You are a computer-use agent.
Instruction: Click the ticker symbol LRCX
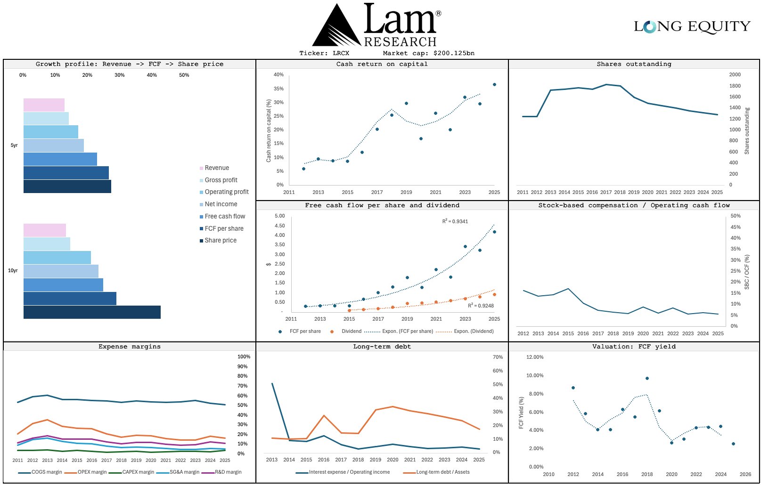[341, 53]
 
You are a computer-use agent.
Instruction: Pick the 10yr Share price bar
[92, 312]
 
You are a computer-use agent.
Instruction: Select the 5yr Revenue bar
[44, 105]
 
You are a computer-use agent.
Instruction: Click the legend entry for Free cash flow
[225, 217]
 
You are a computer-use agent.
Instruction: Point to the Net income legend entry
[221, 204]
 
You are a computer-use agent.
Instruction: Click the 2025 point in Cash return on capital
[494, 85]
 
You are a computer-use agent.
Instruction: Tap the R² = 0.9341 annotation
[455, 221]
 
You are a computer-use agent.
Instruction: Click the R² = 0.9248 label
[481, 306]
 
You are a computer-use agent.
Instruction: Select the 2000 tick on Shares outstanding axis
[735, 75]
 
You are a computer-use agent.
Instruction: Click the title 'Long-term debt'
[382, 347]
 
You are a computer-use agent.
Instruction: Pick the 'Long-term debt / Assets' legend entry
[442, 472]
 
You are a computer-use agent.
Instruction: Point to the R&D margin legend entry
[228, 472]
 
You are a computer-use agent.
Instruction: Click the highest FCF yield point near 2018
[647, 378]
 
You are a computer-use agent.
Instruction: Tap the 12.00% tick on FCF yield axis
[535, 357]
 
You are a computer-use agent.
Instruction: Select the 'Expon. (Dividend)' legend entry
[474, 331]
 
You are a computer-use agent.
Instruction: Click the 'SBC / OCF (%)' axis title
[747, 272]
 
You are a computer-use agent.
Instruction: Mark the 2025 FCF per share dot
[494, 232]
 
